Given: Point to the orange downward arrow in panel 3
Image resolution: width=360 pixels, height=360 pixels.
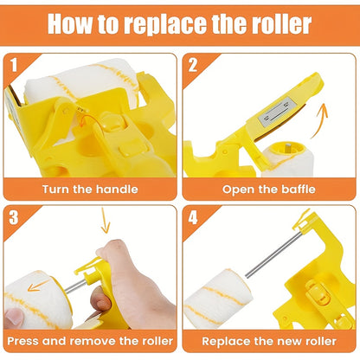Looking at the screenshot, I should (105, 227).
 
